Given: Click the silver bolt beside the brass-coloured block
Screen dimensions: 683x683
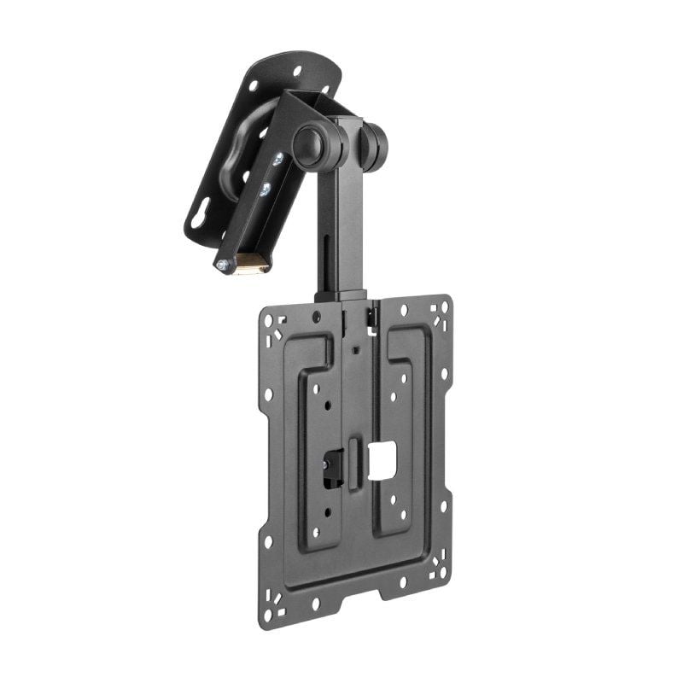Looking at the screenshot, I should coord(225,266).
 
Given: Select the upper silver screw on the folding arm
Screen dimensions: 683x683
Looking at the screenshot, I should coord(277,160).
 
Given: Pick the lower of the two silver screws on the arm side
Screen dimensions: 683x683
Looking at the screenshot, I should coord(265,190).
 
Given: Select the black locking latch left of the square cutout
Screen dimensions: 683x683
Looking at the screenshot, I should coord(331,468).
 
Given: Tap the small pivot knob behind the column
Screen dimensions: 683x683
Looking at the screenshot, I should coord(373,145).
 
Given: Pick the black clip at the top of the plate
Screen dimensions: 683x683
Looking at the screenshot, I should coord(373,317).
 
